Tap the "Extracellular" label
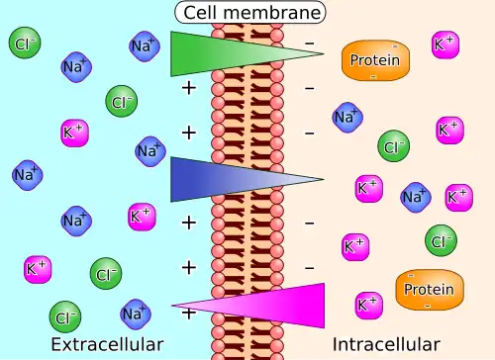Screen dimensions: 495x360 tap(107, 344)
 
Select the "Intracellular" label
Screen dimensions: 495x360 tap(386, 344)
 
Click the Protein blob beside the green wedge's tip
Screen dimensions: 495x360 tap(375, 60)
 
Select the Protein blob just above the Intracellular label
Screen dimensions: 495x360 tap(430, 290)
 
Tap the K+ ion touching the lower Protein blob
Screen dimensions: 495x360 tap(369, 306)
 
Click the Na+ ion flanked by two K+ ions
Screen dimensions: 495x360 tap(416, 197)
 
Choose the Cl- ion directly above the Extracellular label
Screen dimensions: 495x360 tap(65, 317)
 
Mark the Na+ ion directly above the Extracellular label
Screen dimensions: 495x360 tap(136, 315)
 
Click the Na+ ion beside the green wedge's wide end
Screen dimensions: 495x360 tap(145, 46)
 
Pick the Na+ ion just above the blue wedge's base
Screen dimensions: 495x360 tap(150, 151)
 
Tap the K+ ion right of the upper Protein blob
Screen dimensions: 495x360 tap(445, 45)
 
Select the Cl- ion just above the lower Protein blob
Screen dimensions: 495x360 tap(442, 240)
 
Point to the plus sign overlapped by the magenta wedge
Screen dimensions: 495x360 tap(189, 314)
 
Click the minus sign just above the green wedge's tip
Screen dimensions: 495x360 tap(310, 44)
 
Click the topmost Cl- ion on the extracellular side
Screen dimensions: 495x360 tap(25, 43)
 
